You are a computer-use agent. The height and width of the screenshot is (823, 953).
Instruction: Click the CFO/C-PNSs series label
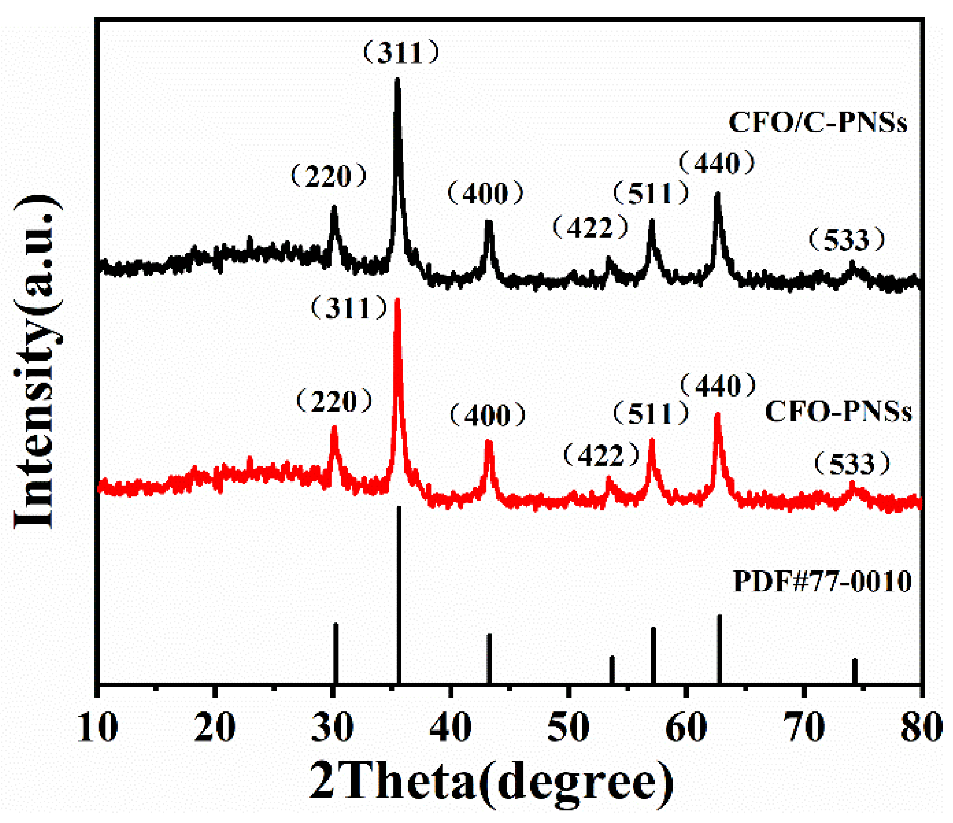pos(817,123)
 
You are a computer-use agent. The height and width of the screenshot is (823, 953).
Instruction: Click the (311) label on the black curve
pos(401,53)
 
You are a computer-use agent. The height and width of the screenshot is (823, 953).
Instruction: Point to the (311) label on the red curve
pos(349,308)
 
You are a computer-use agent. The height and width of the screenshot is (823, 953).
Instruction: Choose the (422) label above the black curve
pos(590,227)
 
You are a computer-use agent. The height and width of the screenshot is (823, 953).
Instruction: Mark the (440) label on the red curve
pos(718,386)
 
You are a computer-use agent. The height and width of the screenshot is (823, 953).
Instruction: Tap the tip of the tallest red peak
pos(398,300)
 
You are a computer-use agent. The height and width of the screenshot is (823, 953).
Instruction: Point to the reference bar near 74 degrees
pos(855,672)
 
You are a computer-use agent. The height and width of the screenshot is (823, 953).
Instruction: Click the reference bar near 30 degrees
pos(335,653)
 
